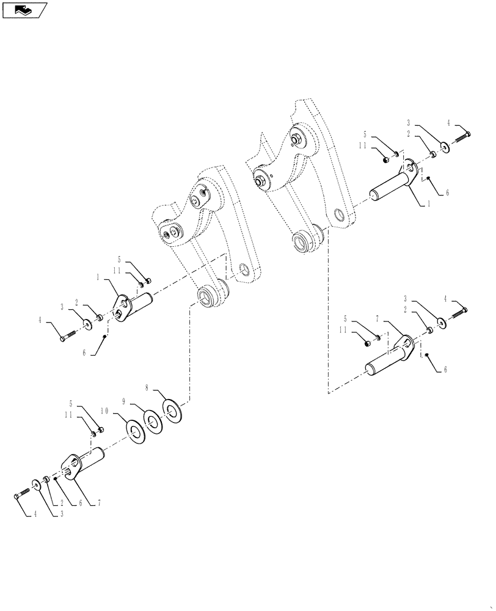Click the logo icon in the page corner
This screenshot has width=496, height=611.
point(25,10)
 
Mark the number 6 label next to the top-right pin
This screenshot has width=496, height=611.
point(447,192)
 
